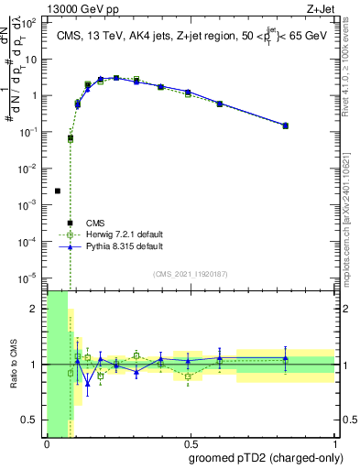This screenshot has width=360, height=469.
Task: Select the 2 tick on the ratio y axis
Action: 37,309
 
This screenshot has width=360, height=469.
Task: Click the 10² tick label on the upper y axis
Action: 31,23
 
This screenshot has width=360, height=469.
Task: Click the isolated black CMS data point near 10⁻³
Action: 58,191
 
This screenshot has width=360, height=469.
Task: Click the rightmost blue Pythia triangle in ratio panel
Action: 285,358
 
